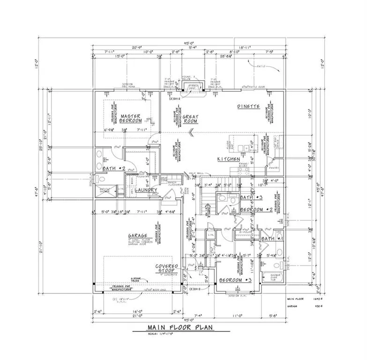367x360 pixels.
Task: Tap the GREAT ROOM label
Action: (191, 119)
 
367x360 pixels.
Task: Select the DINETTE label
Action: (248, 106)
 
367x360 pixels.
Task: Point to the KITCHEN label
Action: (228, 159)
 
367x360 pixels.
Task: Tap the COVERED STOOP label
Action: (168, 269)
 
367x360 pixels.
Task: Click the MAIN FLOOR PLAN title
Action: (181, 327)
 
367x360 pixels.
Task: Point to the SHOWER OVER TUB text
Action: (277, 277)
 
